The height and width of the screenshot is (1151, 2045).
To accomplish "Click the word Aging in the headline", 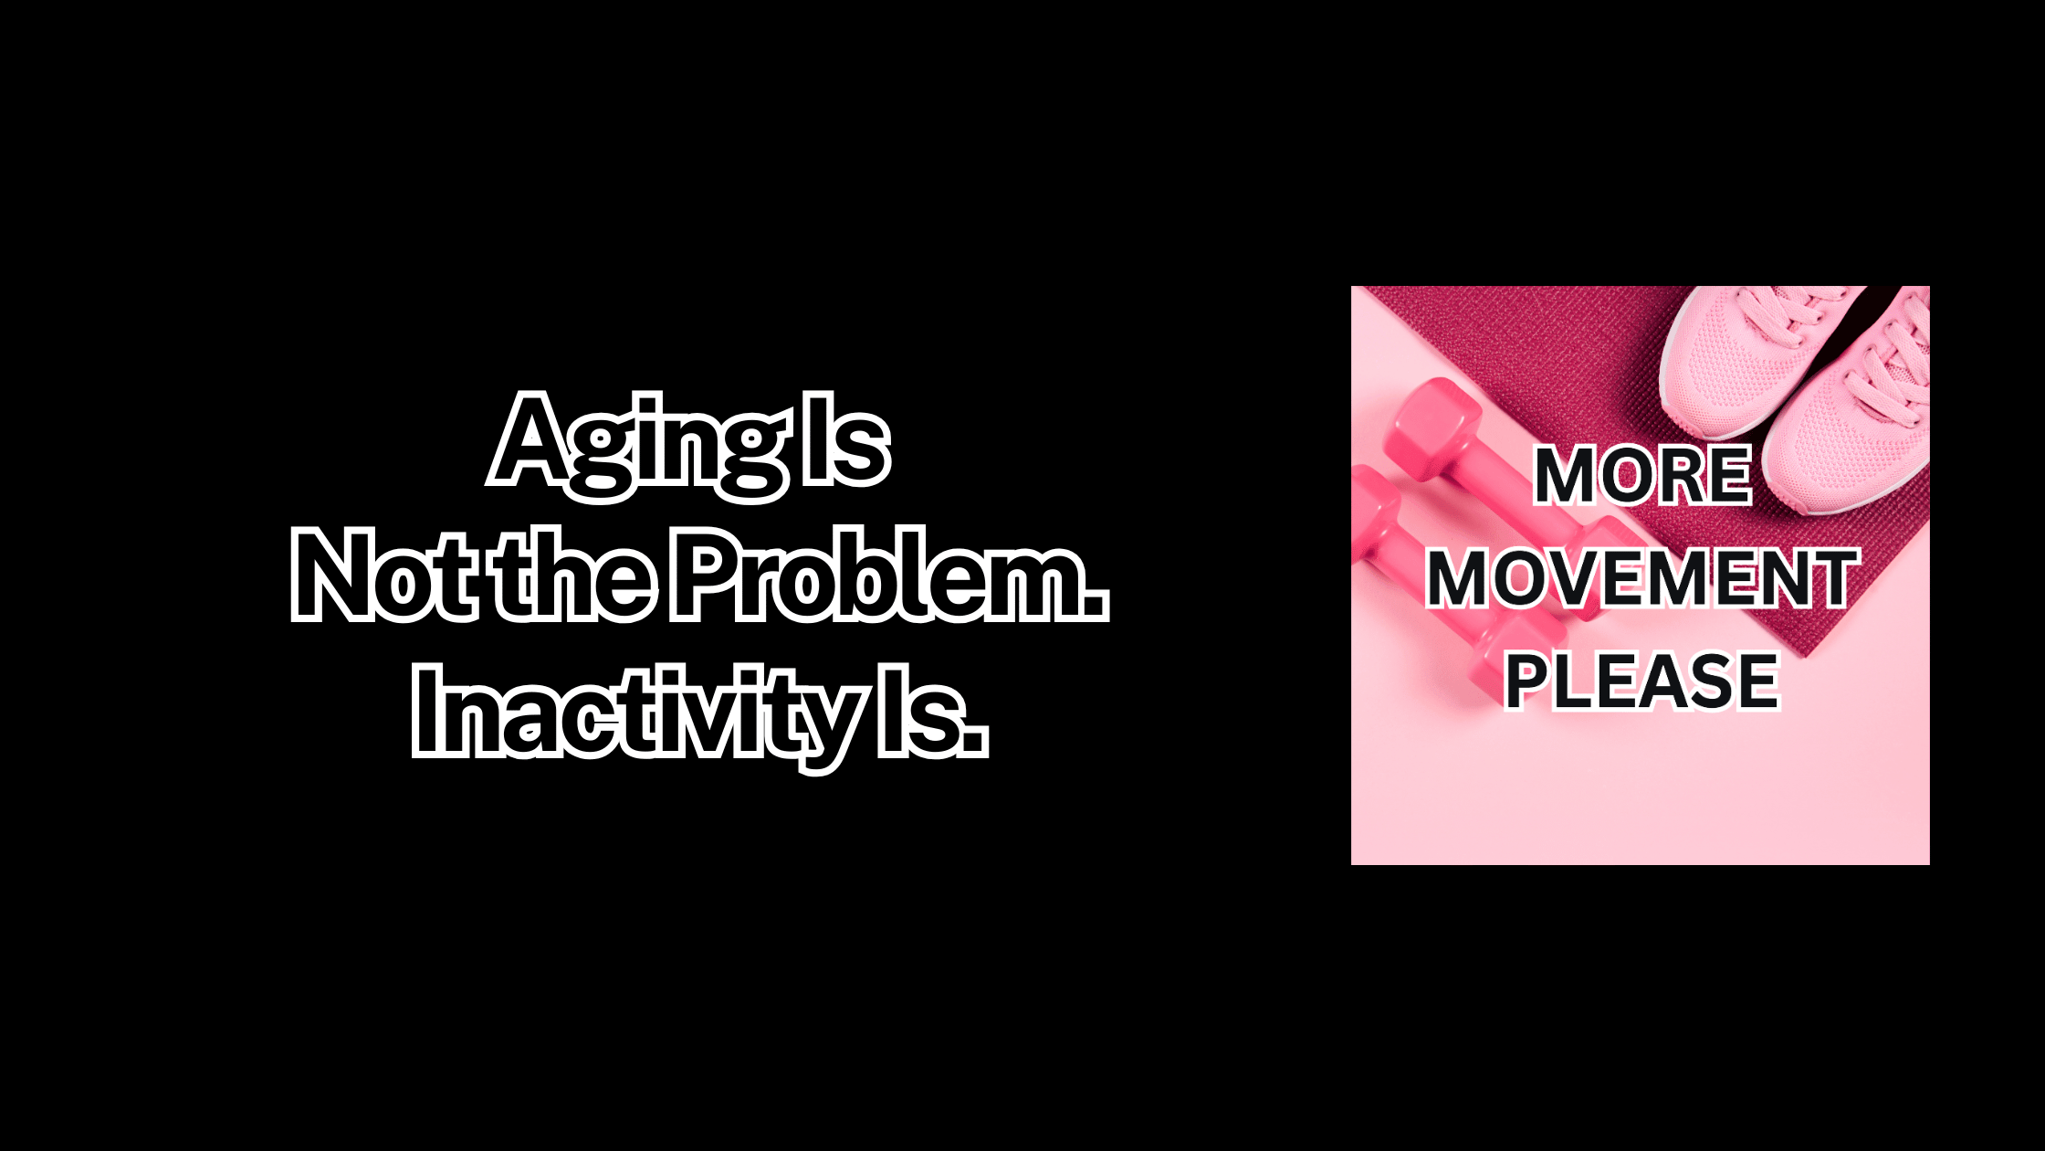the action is coord(637,447).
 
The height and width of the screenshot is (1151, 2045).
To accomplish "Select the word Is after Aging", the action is coord(842,440).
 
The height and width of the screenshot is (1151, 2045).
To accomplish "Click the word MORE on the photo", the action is coord(1642,475).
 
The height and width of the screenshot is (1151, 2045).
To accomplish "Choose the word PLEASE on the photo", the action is coord(1641,681).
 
